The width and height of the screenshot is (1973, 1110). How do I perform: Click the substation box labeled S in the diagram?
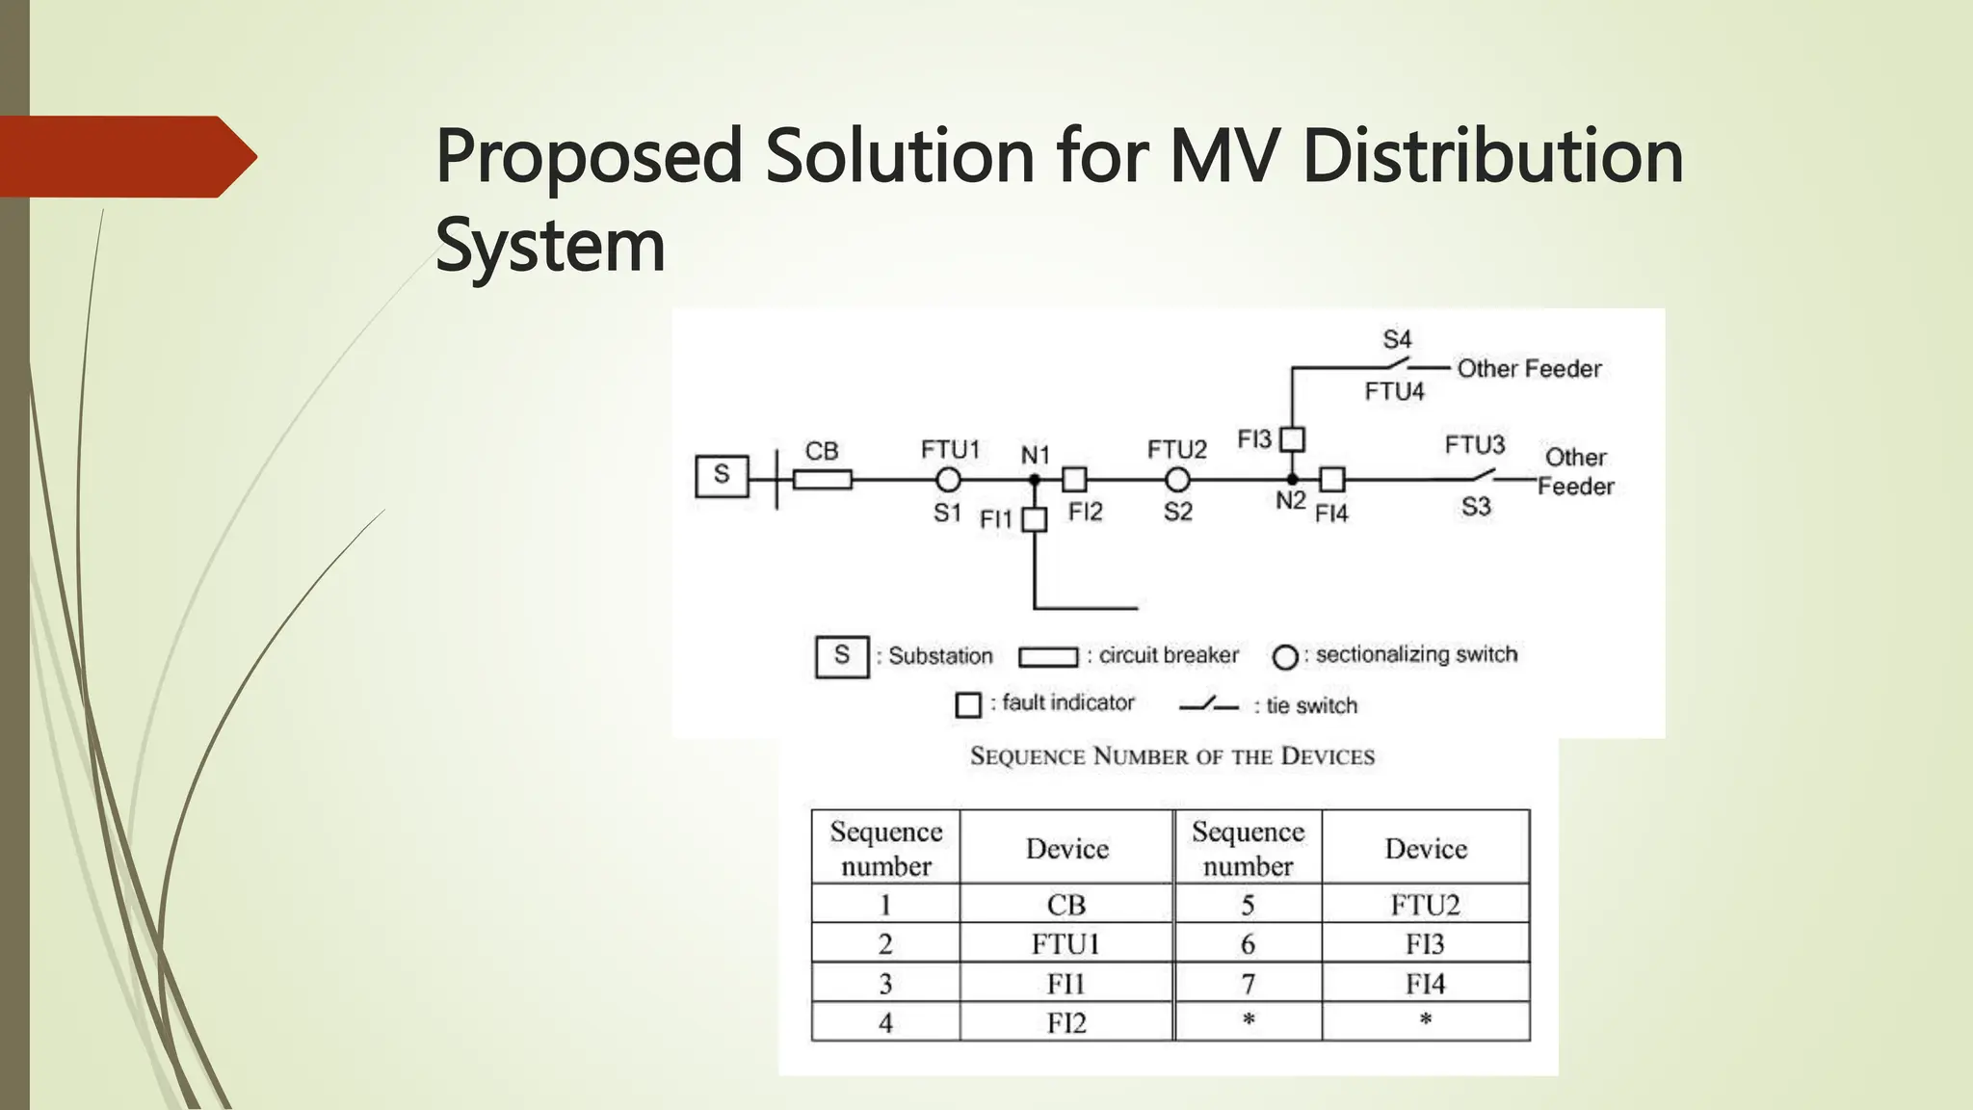point(722,476)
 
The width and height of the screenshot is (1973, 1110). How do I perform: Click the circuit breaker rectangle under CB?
point(822,479)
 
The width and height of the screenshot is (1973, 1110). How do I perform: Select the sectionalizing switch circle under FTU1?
point(948,479)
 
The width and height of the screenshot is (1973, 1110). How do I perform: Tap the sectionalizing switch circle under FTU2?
point(1176,479)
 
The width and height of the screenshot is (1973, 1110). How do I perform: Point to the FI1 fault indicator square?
point(1034,520)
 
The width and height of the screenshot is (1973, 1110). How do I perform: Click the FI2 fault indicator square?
point(1074,479)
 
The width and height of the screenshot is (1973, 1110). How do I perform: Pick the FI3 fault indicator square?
point(1292,439)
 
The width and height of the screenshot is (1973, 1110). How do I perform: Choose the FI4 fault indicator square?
point(1332,479)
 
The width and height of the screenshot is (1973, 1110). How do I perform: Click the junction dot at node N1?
point(1034,479)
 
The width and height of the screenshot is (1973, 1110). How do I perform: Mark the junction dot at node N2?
point(1292,479)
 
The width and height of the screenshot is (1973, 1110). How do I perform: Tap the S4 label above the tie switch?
point(1397,339)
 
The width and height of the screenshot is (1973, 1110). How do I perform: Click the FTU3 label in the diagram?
point(1474,444)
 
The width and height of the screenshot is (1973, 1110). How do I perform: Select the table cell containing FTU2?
point(1425,905)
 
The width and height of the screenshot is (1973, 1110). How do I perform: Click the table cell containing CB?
point(1066,905)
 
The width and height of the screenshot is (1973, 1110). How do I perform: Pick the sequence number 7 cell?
point(1248,984)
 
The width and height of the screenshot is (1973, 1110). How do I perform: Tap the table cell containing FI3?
point(1425,944)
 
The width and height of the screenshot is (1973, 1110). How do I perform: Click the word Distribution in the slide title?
point(1492,156)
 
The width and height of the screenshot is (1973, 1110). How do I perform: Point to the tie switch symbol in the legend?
point(1209,705)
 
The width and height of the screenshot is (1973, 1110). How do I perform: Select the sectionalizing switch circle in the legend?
point(1285,657)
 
